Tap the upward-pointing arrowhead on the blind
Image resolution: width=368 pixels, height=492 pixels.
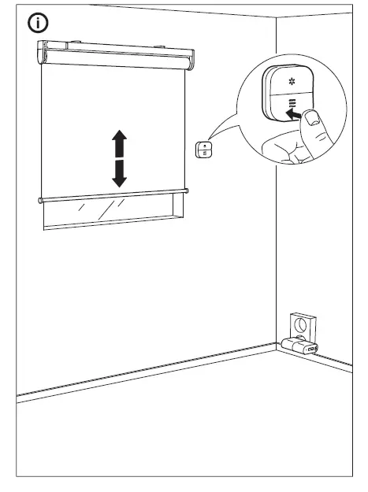[x=118, y=139]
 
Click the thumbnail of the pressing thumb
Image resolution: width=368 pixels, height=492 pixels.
[x=313, y=119]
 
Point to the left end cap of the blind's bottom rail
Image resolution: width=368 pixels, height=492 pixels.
[x=40, y=200]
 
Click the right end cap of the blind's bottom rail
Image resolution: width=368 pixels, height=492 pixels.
[x=186, y=191]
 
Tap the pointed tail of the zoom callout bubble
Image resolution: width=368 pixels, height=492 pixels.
[x=216, y=142]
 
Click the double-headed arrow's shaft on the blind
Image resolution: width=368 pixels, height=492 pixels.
[x=118, y=158]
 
